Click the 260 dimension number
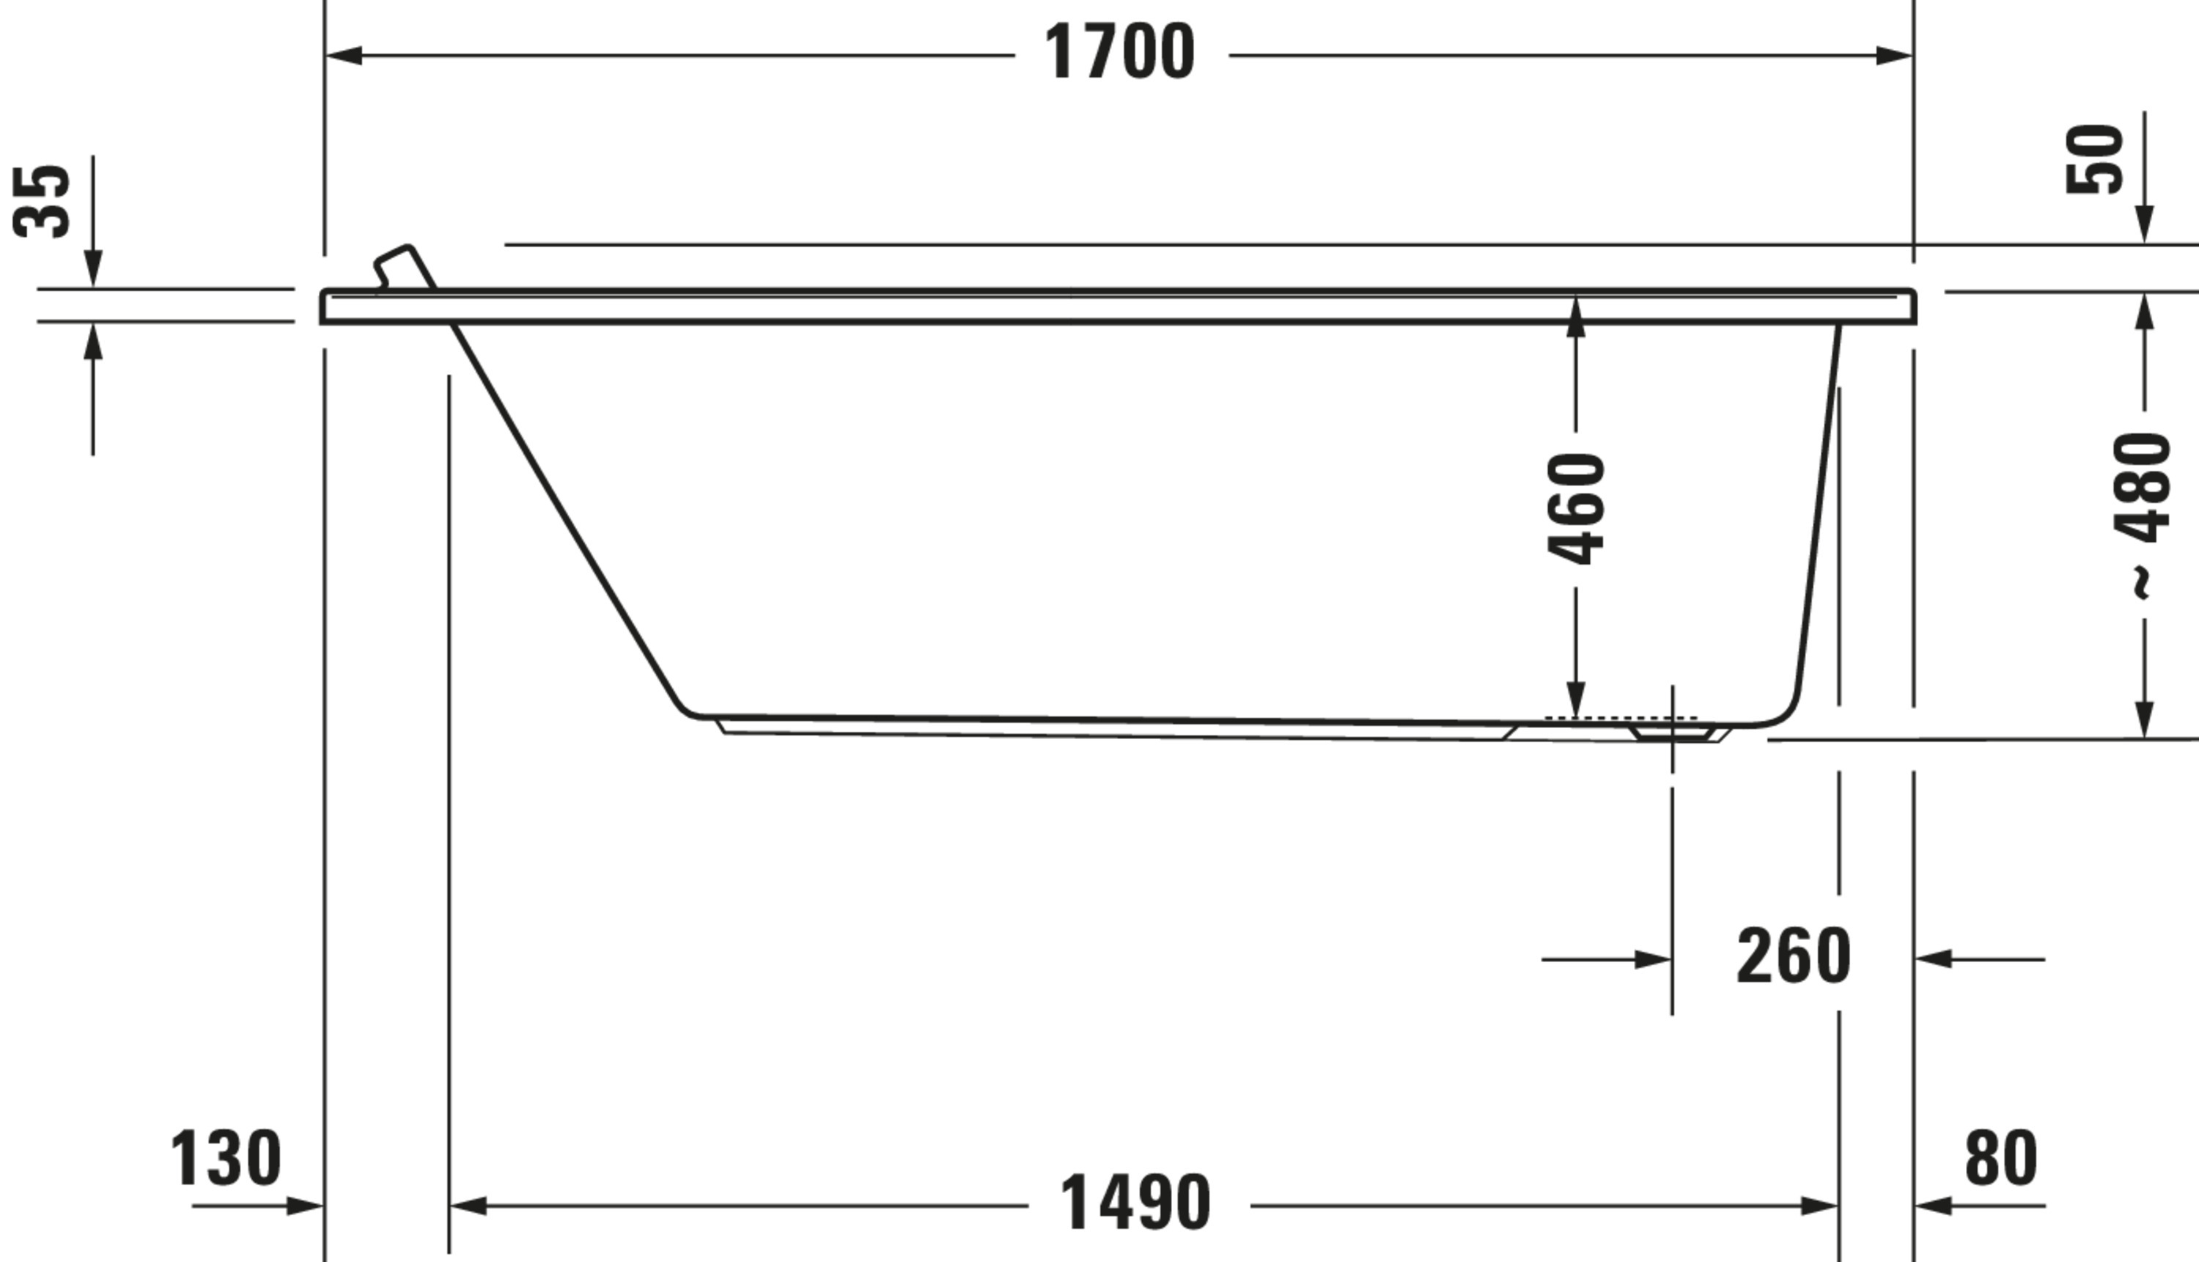click(1794, 957)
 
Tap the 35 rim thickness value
click(42, 201)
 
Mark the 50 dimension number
click(2095, 159)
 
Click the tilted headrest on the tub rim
click(405, 266)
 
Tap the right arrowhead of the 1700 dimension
click(1894, 56)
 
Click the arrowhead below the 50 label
click(2145, 225)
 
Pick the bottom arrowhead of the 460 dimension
click(1576, 700)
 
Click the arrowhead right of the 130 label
click(304, 1206)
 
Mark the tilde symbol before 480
click(2142, 582)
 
